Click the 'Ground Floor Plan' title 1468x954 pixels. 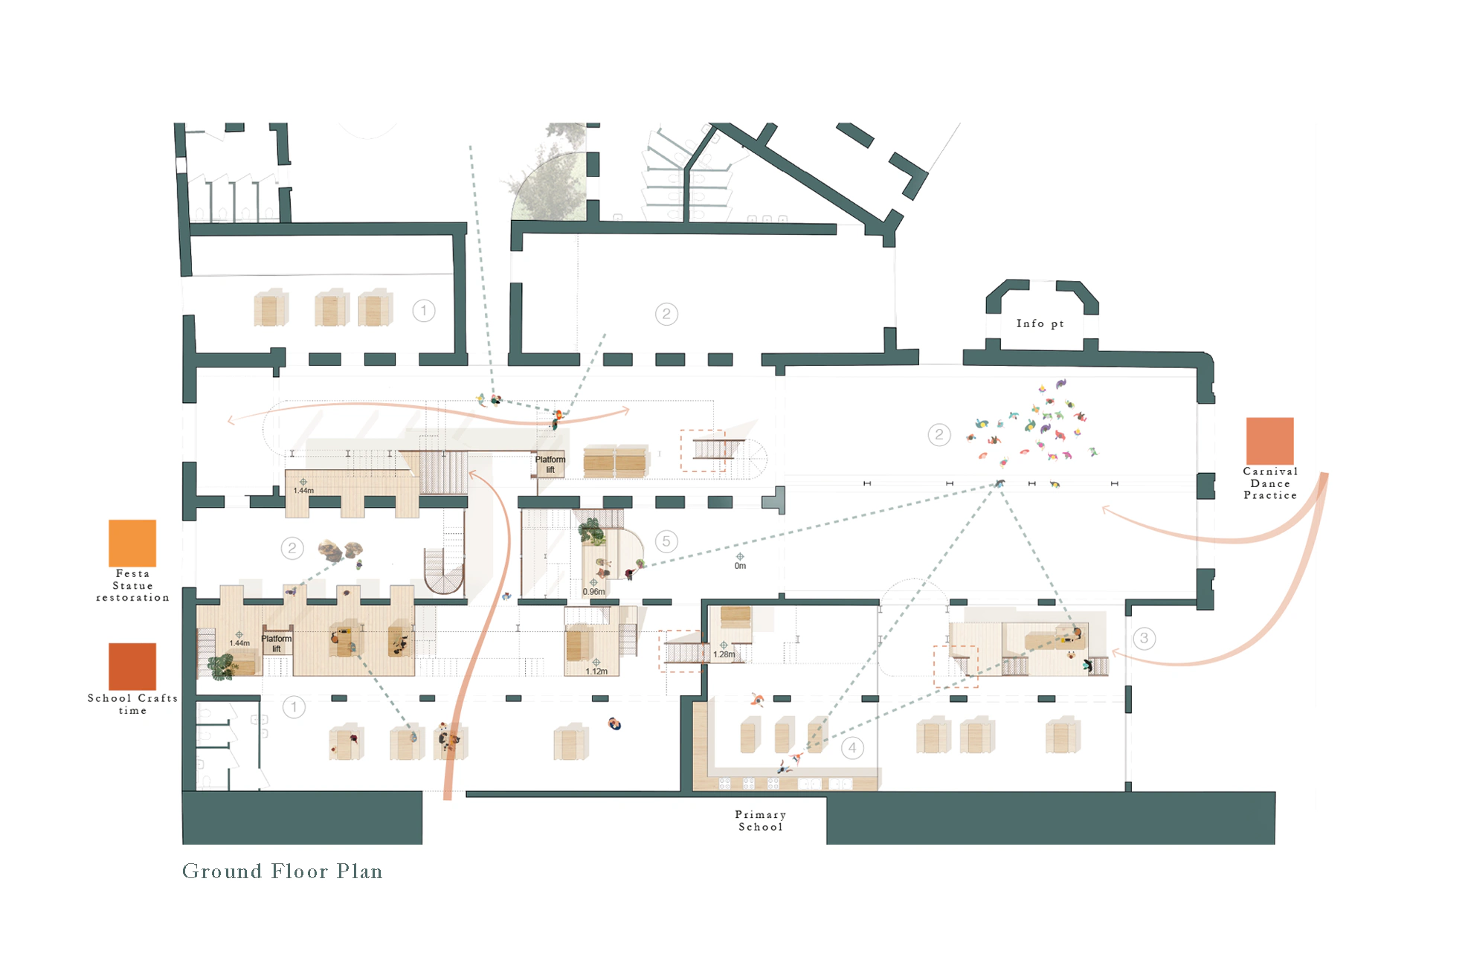click(282, 871)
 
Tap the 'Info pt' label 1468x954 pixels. click(1040, 323)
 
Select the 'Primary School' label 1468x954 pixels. click(760, 821)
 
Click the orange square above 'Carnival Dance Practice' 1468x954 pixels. click(1269, 441)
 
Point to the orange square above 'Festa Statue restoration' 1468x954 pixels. click(132, 543)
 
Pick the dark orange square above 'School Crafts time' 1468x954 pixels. click(132, 666)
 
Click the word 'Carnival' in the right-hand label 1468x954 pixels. click(1269, 471)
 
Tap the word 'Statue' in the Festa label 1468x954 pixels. click(132, 586)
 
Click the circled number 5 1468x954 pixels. click(666, 541)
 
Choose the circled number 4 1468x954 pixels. click(852, 747)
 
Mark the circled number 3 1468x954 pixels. click(1144, 638)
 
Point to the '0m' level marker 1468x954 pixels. click(740, 566)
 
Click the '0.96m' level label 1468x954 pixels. click(593, 592)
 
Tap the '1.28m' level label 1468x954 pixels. click(724, 654)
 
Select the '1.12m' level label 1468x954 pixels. click(596, 671)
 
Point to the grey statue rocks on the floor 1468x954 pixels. click(341, 550)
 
